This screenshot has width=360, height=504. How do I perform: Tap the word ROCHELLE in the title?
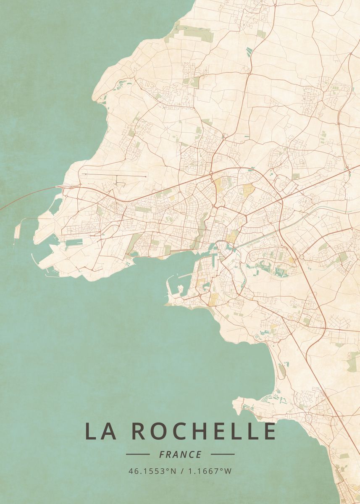click(204, 431)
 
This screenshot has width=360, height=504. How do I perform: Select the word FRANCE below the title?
click(180, 454)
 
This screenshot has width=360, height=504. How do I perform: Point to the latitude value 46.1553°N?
click(152, 471)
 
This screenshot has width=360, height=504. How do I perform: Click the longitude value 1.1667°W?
click(210, 471)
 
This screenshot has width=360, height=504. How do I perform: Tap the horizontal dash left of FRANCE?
click(138, 454)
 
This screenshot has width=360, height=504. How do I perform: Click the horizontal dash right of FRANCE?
click(223, 454)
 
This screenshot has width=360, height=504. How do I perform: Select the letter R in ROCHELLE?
click(139, 431)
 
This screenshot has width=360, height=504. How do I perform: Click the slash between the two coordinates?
click(181, 471)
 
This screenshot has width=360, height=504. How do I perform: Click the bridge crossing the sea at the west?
click(25, 197)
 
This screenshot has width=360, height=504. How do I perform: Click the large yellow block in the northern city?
click(249, 189)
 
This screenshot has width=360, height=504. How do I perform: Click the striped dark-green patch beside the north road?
click(249, 52)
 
